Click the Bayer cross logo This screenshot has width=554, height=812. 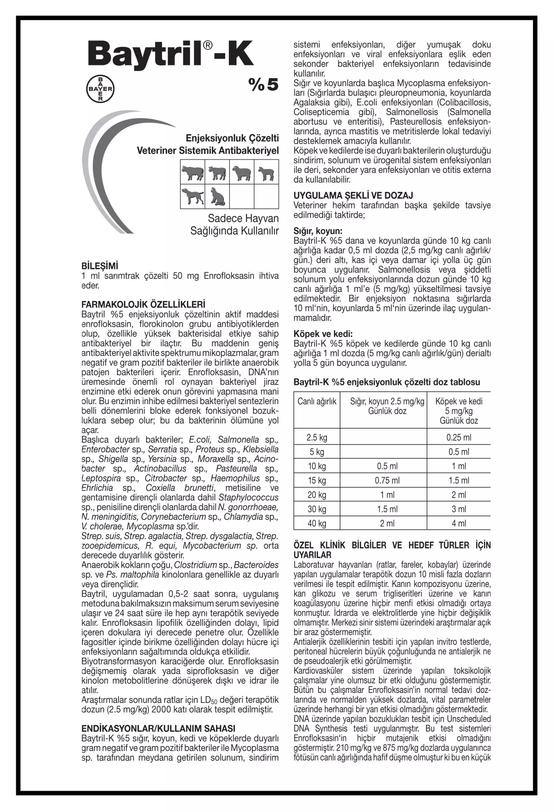tap(100, 89)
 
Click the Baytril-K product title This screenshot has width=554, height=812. tap(171, 54)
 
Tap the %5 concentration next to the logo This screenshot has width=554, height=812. tap(263, 85)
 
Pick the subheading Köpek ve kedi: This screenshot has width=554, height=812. tap(323, 334)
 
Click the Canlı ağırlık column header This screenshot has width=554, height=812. tap(317, 402)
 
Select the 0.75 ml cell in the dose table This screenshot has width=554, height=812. tap(387, 480)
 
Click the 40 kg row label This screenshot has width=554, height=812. tap(317, 523)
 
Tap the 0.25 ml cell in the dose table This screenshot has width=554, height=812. tap(459, 438)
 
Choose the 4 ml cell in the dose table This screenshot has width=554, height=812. tap(459, 523)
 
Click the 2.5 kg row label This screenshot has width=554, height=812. tap(317, 438)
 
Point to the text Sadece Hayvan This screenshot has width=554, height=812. tap(243, 218)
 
